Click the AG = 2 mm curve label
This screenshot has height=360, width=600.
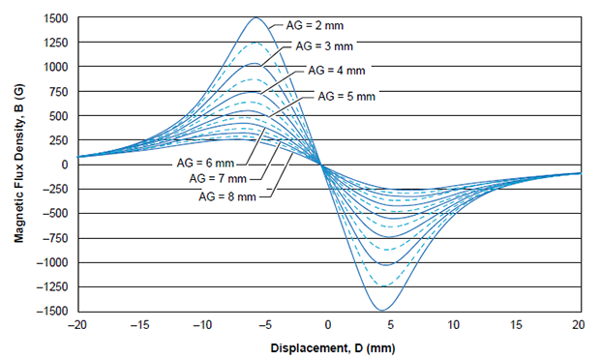tap(312, 20)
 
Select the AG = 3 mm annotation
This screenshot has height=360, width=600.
tap(324, 45)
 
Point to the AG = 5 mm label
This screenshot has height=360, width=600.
tap(346, 95)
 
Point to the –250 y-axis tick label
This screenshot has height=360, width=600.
tap(54, 190)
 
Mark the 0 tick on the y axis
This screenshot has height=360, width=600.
tap(64, 165)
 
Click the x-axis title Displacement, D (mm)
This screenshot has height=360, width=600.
tap(328, 346)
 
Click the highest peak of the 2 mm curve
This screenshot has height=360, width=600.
tap(256, 17)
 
